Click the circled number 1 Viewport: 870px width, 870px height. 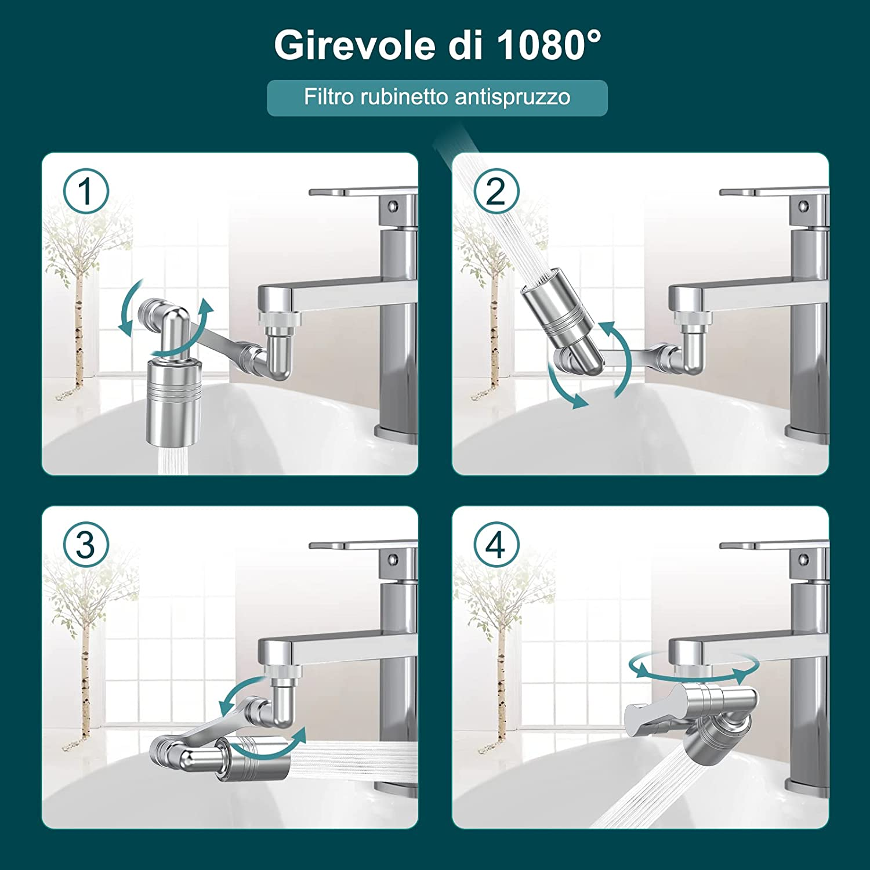click(86, 191)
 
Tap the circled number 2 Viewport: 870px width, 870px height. click(496, 191)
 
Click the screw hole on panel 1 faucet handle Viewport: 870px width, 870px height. click(393, 205)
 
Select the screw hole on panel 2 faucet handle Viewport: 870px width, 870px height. click(803, 205)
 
